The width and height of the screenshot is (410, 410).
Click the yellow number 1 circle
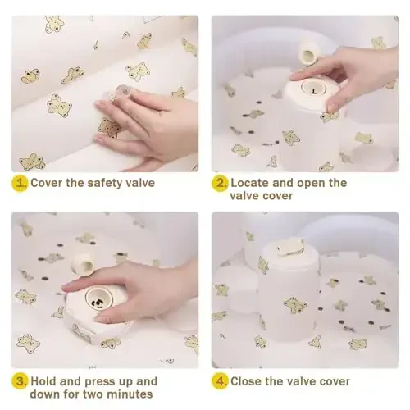(20, 183)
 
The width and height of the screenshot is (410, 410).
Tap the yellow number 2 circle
(220, 183)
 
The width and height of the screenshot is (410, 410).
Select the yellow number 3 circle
(20, 381)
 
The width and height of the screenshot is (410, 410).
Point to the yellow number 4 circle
(220, 381)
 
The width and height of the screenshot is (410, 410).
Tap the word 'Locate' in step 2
(250, 183)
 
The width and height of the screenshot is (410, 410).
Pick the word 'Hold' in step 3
(43, 381)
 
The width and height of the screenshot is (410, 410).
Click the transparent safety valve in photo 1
(120, 93)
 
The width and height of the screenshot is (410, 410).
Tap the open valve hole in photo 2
(312, 88)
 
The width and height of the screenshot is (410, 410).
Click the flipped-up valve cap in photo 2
(308, 53)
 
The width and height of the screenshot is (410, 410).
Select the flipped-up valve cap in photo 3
(83, 265)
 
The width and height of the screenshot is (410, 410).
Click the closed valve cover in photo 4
(289, 247)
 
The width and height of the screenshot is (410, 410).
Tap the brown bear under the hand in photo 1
(109, 127)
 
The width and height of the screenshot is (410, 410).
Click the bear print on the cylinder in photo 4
(295, 305)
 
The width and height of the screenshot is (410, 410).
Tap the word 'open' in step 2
(311, 184)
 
